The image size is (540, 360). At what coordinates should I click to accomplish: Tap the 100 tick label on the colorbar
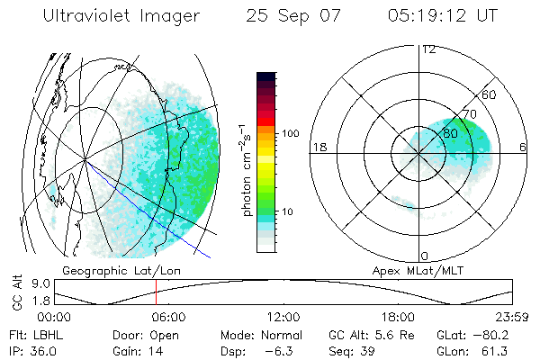(290, 133)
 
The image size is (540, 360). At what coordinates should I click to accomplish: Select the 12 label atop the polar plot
(428, 49)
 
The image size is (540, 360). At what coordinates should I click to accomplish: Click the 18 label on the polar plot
(317, 147)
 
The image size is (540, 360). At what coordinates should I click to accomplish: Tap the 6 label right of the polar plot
(523, 147)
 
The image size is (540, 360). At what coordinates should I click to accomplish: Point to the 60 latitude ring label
(490, 94)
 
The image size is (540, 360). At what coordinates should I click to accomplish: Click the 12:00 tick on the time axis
(283, 316)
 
